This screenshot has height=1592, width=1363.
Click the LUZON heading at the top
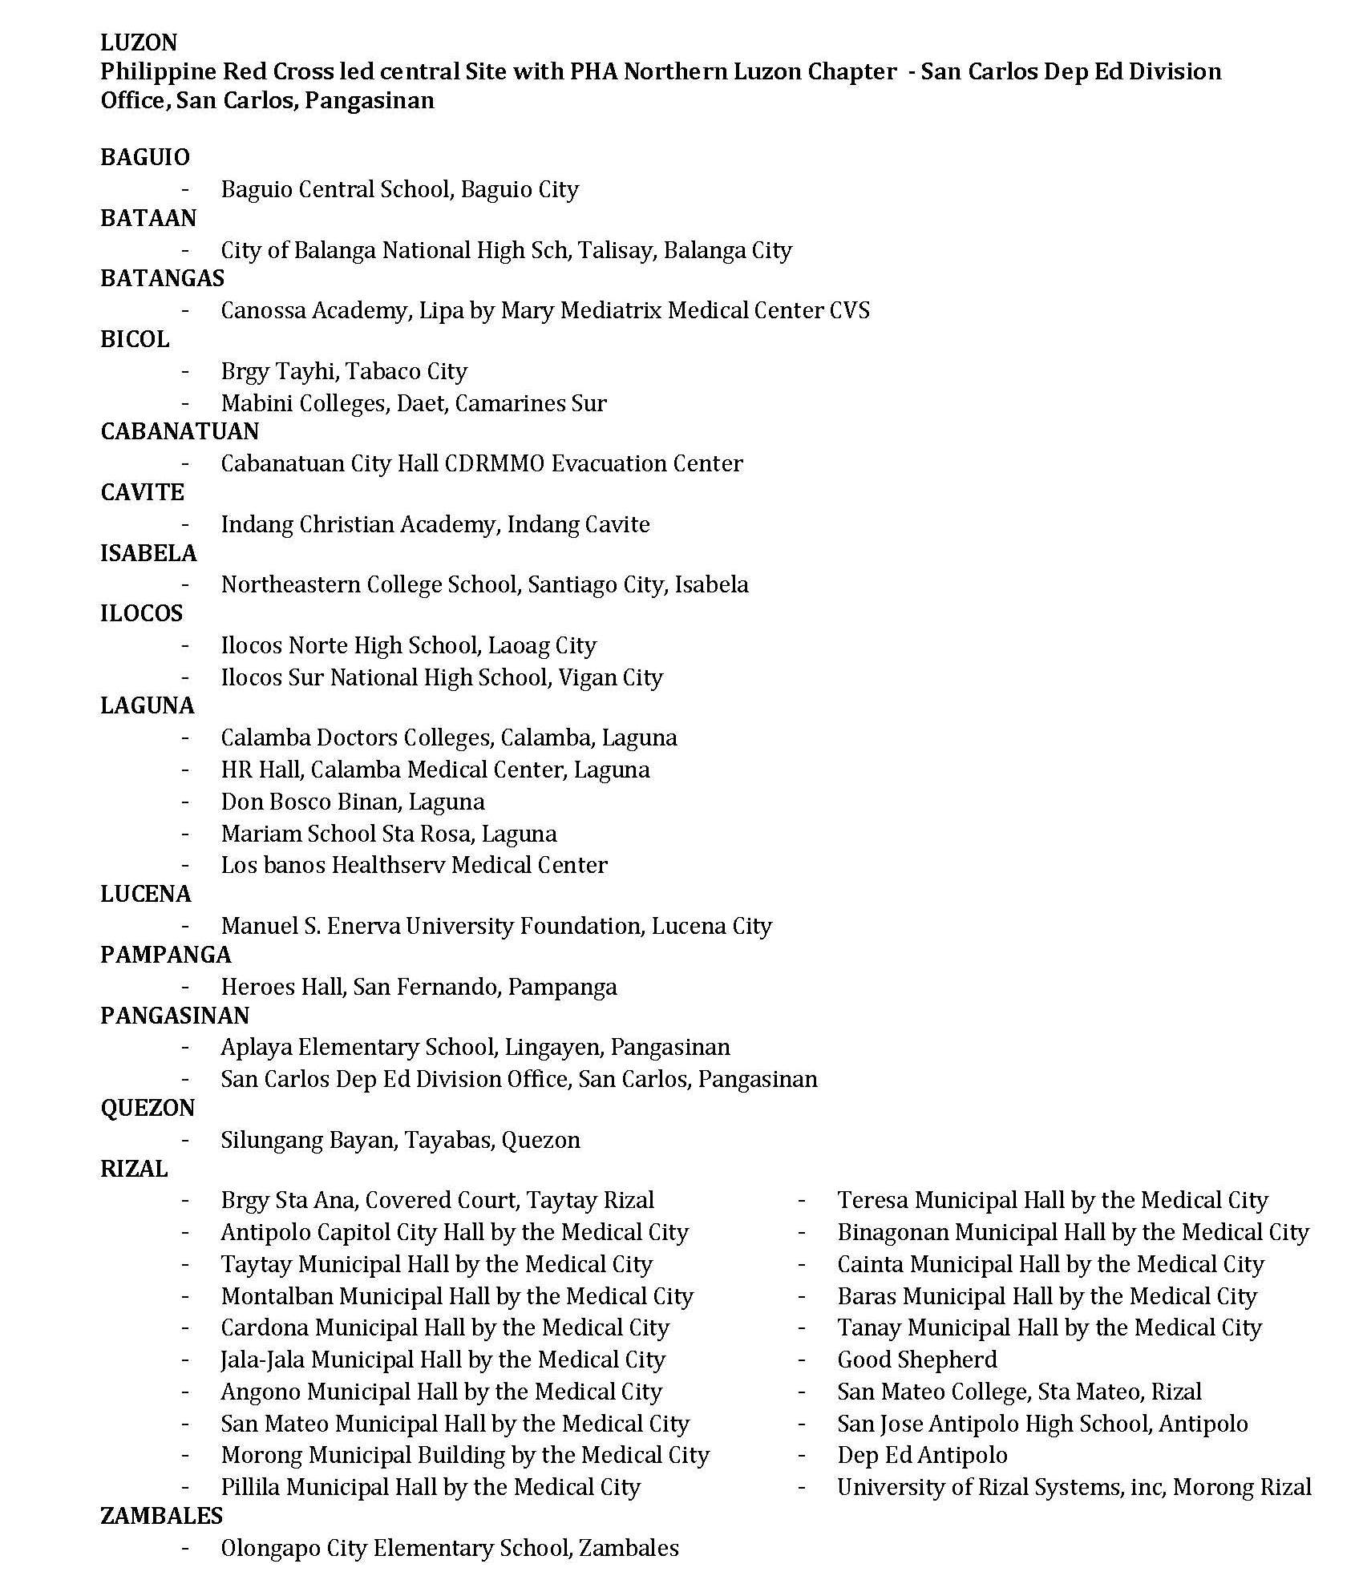(x=139, y=42)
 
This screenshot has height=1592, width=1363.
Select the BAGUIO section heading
(x=145, y=157)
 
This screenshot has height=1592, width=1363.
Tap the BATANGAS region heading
(x=162, y=278)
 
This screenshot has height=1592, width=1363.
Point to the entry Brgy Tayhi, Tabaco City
(x=344, y=371)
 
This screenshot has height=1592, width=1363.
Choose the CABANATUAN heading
(x=180, y=431)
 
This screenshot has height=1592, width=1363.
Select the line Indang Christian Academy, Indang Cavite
(x=435, y=524)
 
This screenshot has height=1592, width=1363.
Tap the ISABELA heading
(x=148, y=553)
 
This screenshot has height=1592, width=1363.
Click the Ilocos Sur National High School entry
(x=442, y=677)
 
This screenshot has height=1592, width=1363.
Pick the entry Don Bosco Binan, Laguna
(x=353, y=802)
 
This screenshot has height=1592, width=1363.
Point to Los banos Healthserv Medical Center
(x=414, y=865)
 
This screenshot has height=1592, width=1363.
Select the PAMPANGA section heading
(x=165, y=955)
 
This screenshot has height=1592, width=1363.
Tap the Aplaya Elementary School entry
(x=475, y=1047)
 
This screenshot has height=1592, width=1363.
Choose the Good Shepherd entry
(x=917, y=1360)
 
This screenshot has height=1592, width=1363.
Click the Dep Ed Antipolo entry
(x=922, y=1455)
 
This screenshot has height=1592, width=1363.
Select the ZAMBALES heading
(x=161, y=1516)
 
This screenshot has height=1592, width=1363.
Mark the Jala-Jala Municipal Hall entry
(x=443, y=1360)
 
